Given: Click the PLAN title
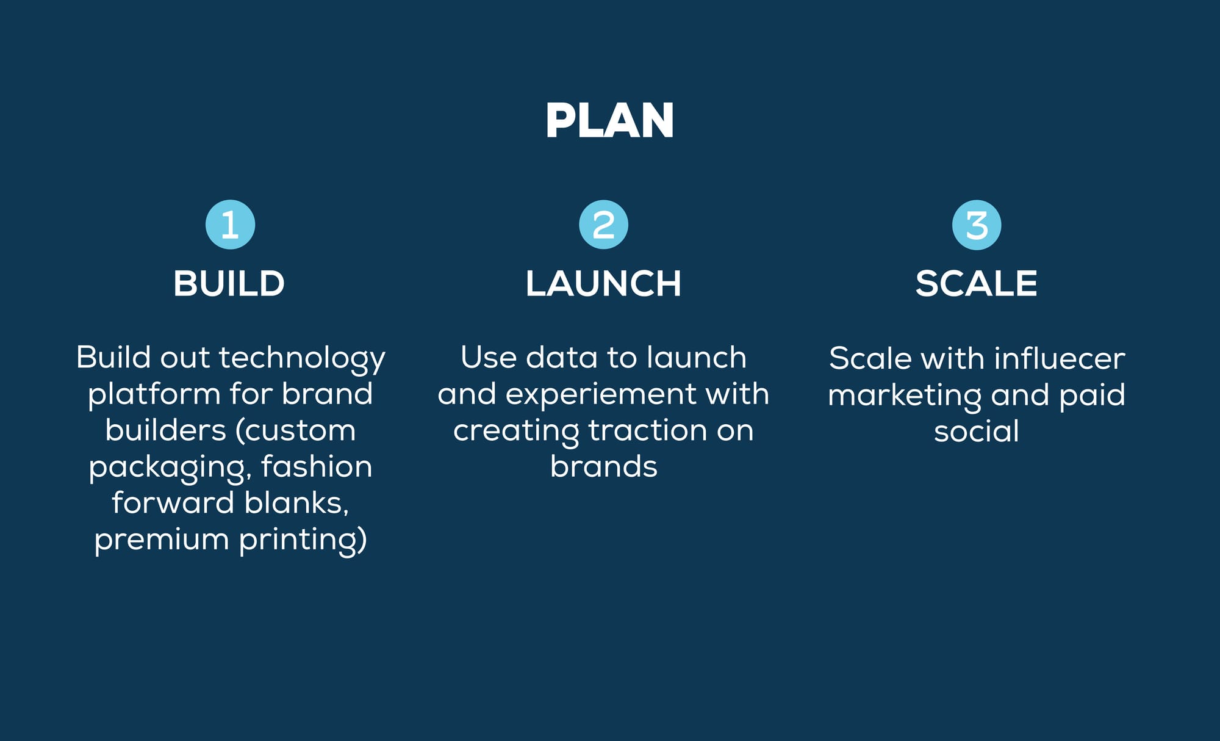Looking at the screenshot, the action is pyautogui.click(x=609, y=120).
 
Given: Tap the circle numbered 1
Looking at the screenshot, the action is pyautogui.click(x=230, y=225).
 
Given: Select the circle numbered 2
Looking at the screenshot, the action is pyautogui.click(x=603, y=225).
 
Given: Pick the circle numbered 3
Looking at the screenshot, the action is pyautogui.click(x=977, y=225).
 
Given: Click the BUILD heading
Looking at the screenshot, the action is pyautogui.click(x=229, y=283).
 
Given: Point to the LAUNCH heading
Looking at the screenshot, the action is pyautogui.click(x=603, y=283).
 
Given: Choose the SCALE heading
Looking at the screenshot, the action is pyautogui.click(x=976, y=283).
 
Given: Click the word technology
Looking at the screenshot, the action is pyautogui.click(x=302, y=359).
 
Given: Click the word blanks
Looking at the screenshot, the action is pyautogui.click(x=296, y=503).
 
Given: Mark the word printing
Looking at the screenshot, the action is pyautogui.click(x=303, y=540).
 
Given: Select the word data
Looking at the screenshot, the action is pyautogui.click(x=561, y=358).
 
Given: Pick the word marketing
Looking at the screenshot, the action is pyautogui.click(x=904, y=396).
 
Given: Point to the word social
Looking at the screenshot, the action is pyautogui.click(x=976, y=432).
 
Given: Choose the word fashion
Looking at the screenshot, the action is pyautogui.click(x=317, y=467).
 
